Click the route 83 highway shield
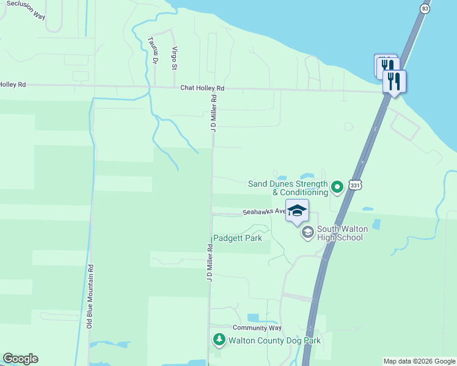[x=425, y=9]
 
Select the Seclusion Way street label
[x=24, y=9]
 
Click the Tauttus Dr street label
[x=153, y=51]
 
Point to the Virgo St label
[x=175, y=57]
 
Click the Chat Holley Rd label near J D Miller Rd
[x=202, y=88]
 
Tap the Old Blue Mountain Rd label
[x=90, y=296]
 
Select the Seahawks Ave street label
[x=264, y=212]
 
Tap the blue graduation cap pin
[x=298, y=211]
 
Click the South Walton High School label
[x=340, y=233]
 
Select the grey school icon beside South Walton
[x=307, y=232]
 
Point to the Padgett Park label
[x=237, y=238]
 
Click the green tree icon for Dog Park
[x=219, y=339]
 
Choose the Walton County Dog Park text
[x=274, y=341]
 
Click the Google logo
[x=20, y=359]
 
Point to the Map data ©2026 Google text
[x=419, y=361]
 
